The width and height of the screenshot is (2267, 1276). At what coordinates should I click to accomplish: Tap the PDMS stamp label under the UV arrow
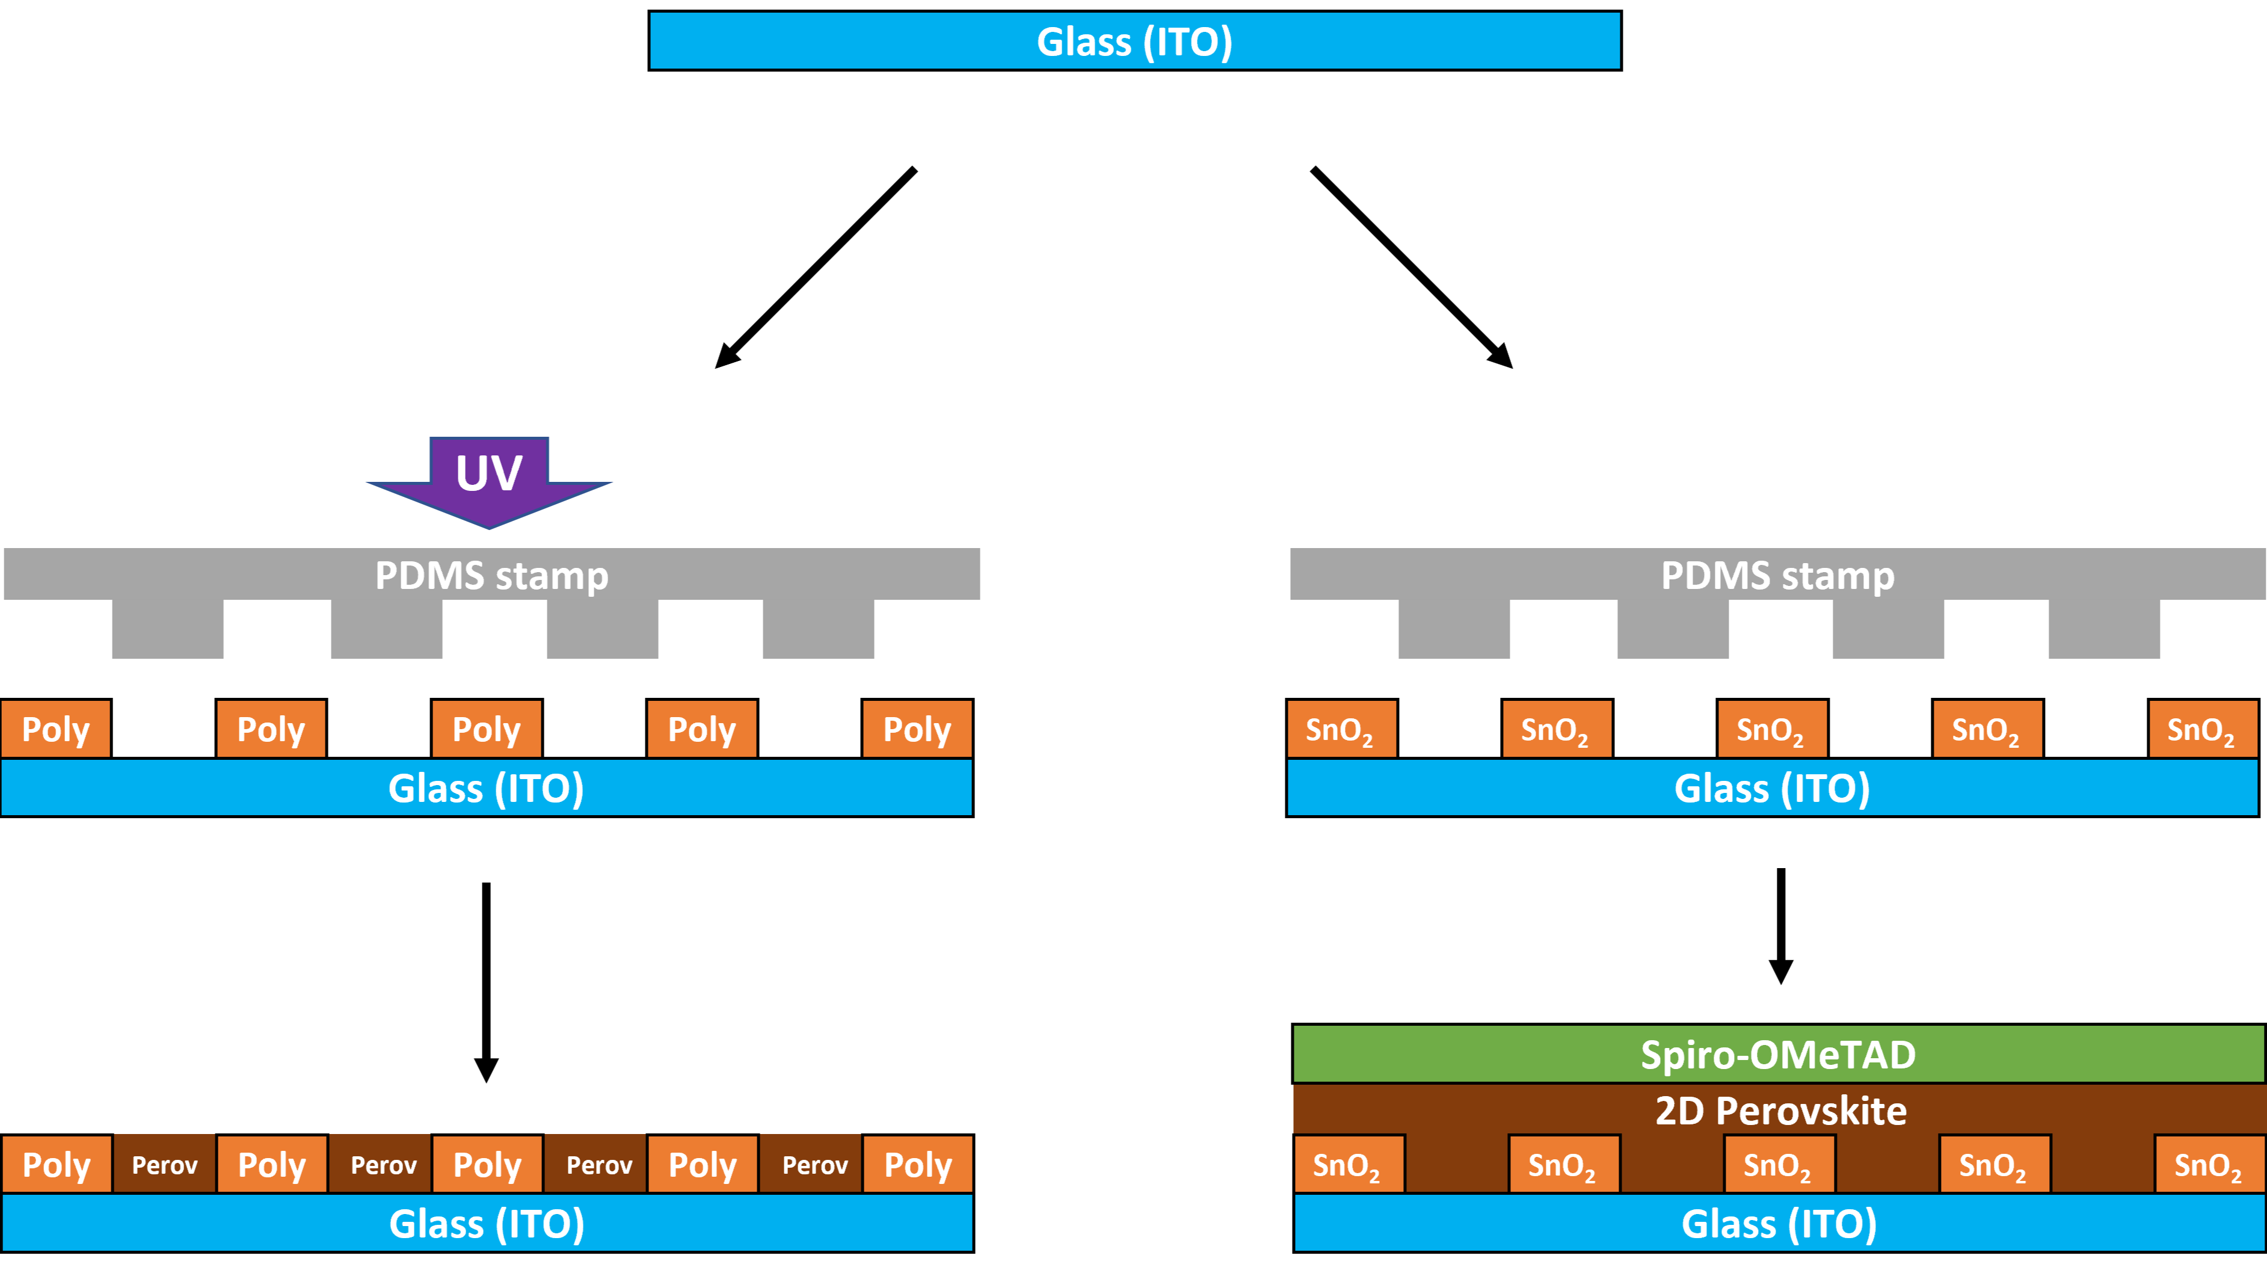pos(491,576)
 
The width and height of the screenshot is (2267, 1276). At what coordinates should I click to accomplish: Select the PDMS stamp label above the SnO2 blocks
pos(1777,576)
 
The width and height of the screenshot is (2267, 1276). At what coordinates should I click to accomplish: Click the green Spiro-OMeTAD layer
pos(1778,1054)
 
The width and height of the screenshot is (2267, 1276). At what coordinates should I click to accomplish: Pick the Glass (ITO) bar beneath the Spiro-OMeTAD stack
pos(1779,1223)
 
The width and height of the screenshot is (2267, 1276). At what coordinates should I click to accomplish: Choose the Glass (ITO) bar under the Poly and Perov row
pos(487,1223)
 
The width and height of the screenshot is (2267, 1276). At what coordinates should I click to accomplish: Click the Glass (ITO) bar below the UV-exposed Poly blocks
pos(486,787)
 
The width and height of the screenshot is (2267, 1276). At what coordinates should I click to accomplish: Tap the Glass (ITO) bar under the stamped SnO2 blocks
pos(1771,787)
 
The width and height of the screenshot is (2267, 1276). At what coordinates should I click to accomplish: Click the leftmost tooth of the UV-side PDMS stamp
pos(167,628)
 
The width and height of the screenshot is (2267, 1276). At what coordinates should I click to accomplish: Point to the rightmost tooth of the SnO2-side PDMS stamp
pos(2103,628)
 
